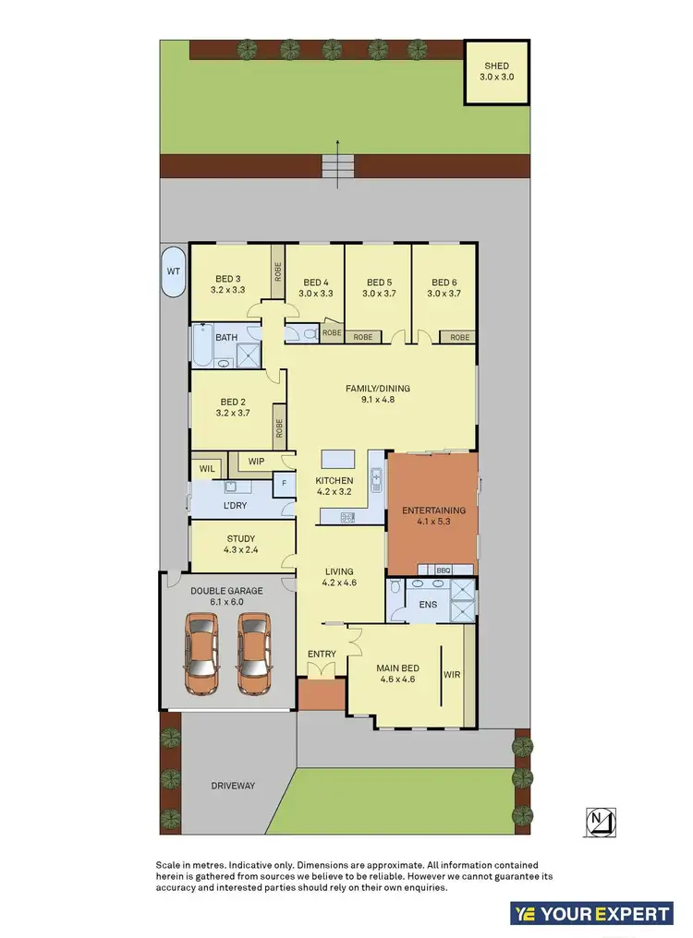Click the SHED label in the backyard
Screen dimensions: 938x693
[496, 66]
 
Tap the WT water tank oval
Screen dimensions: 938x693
[173, 271]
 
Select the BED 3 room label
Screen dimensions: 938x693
[228, 279]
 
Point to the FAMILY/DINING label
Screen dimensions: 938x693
[378, 389]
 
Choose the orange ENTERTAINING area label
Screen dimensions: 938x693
[433, 511]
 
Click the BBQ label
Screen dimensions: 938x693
[442, 570]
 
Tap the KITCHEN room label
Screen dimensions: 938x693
[334, 481]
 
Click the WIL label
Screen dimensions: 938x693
[207, 469]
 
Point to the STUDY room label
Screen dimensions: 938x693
[240, 539]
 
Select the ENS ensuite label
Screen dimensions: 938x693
[428, 606]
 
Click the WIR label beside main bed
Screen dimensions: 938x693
[452, 674]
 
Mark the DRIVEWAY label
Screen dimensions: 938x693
[232, 786]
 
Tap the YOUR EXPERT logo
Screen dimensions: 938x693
[591, 914]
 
